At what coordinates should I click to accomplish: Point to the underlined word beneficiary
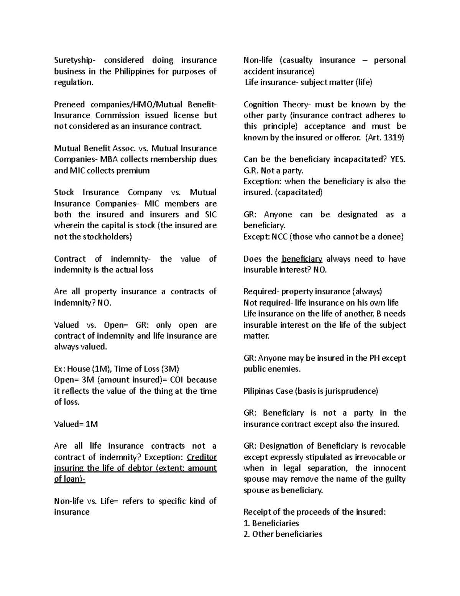[302, 259]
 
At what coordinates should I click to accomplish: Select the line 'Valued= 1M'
[76, 424]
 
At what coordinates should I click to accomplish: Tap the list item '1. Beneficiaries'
[271, 523]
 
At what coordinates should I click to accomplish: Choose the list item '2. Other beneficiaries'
[283, 534]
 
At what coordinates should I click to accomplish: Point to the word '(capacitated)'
[299, 192]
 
